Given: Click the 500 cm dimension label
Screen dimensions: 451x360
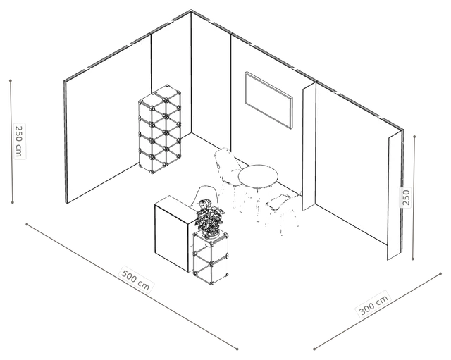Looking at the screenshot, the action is pos(136,280).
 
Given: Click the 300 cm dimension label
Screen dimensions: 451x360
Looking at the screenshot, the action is pos(374,304).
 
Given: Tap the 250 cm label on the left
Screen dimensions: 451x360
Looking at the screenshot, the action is pos(19,141).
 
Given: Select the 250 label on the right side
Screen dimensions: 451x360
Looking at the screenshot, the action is pos(406,197).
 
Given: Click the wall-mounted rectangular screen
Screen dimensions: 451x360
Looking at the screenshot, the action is pos(268,100).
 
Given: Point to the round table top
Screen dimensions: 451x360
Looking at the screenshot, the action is pos(258,176).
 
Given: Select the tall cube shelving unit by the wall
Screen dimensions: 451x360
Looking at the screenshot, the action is pos(160,130).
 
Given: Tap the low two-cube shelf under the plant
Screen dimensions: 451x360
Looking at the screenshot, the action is pos(210,258).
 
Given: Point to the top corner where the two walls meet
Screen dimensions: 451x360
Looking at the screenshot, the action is pos(191,11).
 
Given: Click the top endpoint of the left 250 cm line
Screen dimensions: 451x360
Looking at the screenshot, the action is pos(11,81).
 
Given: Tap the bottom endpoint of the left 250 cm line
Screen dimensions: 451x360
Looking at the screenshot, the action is pos(13,202).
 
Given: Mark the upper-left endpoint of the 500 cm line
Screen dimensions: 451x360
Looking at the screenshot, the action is pos(27,224).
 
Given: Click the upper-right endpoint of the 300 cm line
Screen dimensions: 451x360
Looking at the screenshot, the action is pos(440,274).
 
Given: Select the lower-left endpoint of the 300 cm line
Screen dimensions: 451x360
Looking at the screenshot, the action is pos(314,349).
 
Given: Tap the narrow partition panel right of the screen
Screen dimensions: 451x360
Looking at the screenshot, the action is pos(309,147).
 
